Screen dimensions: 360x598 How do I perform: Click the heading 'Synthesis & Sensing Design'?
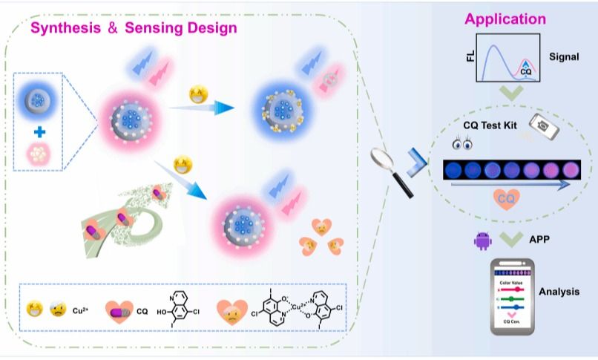click(x=134, y=29)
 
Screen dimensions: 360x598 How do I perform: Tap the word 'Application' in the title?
click(x=505, y=19)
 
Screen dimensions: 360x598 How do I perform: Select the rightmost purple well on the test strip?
click(x=570, y=171)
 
